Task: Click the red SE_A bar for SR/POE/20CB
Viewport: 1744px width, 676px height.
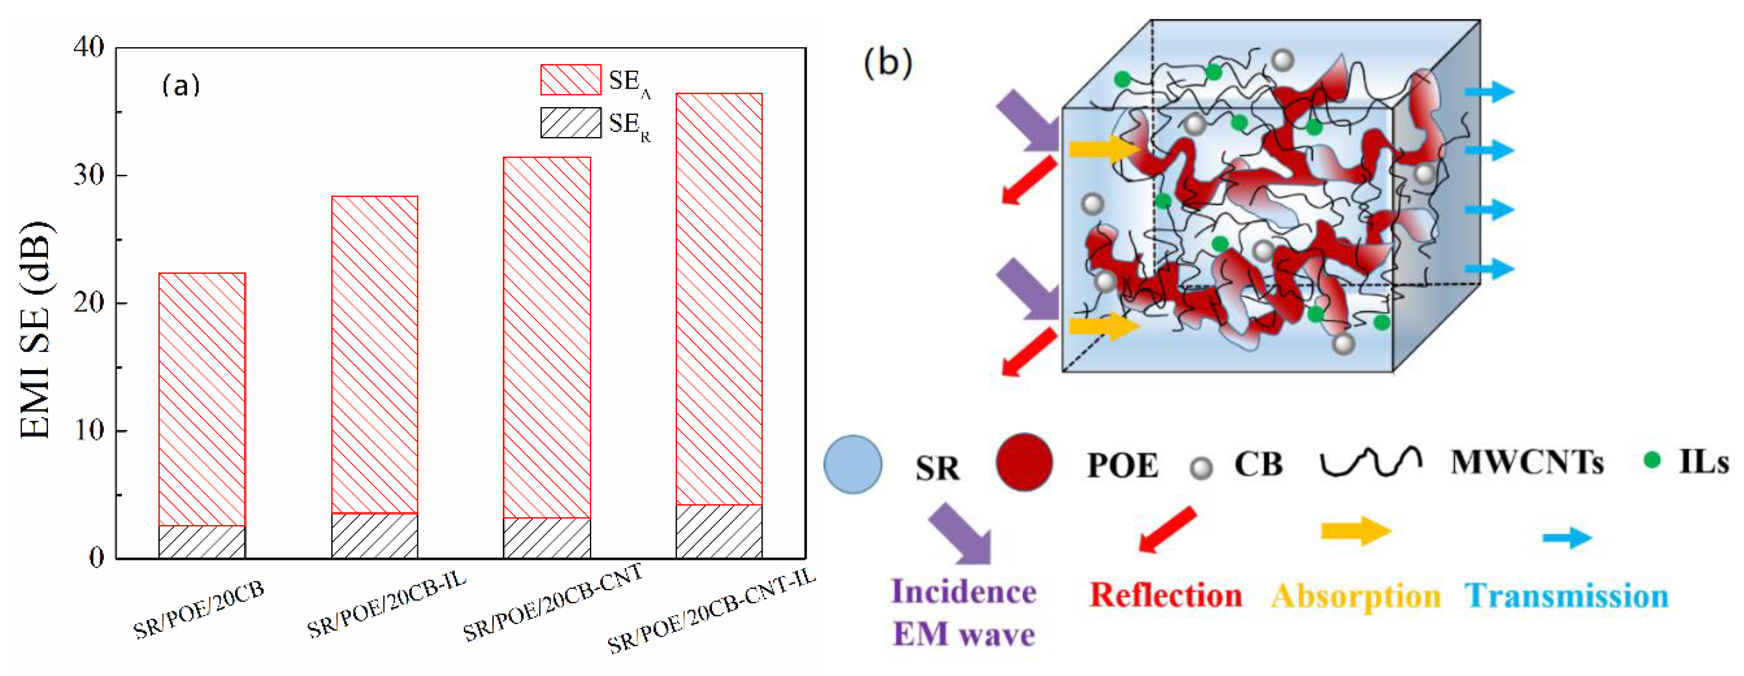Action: pos(202,399)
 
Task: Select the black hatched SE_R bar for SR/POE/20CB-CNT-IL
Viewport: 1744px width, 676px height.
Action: pos(719,531)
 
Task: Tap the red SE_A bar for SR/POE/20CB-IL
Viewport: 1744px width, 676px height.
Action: pos(374,354)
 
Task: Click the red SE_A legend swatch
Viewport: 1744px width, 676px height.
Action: pos(570,80)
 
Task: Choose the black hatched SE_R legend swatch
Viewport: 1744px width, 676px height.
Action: pos(570,123)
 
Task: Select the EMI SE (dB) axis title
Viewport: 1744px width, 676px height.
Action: pos(35,330)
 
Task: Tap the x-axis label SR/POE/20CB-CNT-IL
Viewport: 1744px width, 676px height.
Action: pos(711,613)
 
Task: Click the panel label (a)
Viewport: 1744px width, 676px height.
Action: pos(181,85)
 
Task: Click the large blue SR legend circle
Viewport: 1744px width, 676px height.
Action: pos(852,464)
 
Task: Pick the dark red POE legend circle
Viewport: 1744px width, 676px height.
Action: pos(1024,462)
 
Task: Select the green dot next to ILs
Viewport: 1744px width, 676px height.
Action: pos(1652,461)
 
